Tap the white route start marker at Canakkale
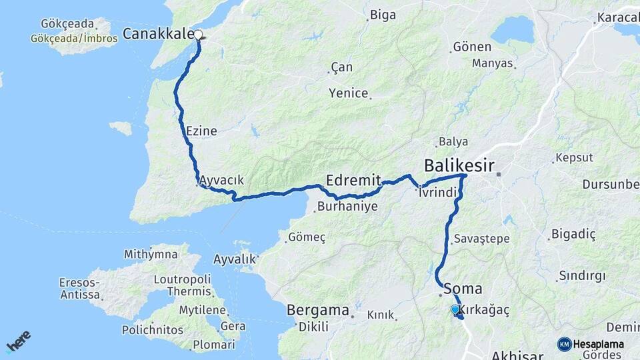(198, 34)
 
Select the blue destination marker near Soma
(455, 309)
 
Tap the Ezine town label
(202, 131)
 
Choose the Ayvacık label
(221, 180)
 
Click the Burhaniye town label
(347, 207)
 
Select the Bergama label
(318, 310)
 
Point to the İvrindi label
(437, 193)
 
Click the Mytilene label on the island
(204, 310)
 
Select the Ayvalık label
(235, 259)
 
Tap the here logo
(18, 340)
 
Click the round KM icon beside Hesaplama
(564, 344)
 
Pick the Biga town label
(383, 15)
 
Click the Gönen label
(471, 47)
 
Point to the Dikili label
(310, 327)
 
